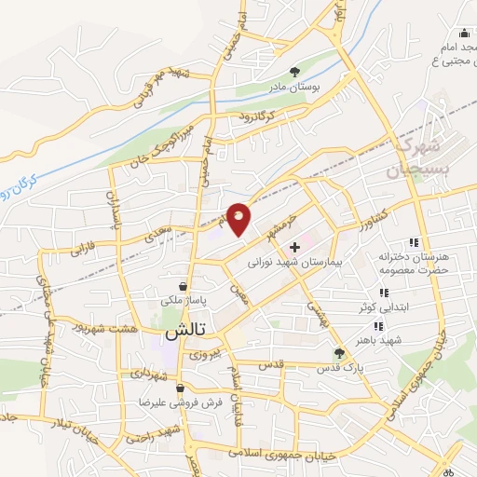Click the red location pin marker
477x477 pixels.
239,219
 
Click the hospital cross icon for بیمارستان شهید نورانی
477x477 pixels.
294,248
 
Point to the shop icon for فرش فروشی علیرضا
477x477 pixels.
179,388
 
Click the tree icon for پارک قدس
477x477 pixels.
339,353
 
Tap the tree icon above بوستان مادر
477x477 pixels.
295,72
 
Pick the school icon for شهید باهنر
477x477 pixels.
378,326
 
